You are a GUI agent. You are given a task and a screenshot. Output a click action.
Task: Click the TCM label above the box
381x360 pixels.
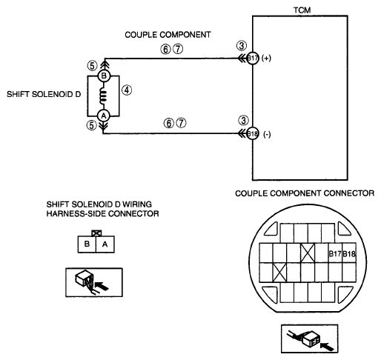[302, 10]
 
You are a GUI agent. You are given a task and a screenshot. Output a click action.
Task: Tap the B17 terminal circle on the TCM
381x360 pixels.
[253, 59]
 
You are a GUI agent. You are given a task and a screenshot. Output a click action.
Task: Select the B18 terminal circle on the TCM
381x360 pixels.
[253, 134]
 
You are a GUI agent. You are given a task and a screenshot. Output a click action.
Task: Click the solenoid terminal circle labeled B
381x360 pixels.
[104, 76]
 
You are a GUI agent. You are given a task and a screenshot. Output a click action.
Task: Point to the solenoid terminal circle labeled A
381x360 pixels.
[104, 116]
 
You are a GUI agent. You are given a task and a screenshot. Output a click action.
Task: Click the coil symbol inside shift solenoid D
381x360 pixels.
[103, 96]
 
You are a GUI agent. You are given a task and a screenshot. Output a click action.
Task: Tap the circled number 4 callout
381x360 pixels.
[127, 90]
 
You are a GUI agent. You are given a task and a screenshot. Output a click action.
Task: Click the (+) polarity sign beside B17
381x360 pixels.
[266, 59]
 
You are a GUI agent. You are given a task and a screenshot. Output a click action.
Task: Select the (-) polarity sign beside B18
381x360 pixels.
[267, 134]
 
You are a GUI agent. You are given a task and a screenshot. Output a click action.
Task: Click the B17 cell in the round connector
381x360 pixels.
[335, 253]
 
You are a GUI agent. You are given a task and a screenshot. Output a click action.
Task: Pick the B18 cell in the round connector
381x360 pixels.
[349, 253]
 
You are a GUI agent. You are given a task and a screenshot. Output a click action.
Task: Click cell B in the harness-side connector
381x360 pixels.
[87, 244]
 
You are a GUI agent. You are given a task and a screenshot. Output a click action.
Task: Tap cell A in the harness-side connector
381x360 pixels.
[105, 244]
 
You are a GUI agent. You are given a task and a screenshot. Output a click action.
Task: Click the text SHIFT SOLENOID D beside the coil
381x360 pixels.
[44, 94]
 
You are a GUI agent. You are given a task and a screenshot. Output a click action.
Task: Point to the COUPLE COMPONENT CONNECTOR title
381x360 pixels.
[305, 193]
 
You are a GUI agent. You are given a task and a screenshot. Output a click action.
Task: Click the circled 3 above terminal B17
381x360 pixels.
[242, 45]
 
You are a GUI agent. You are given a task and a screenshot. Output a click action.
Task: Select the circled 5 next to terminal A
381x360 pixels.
[91, 125]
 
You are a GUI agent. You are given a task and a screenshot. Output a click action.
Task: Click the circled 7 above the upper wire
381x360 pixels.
[178, 49]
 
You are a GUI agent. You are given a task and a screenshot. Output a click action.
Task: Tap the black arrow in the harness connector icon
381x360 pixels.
[102, 286]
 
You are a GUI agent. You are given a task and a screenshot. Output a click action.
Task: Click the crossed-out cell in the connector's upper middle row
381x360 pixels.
[308, 253]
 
